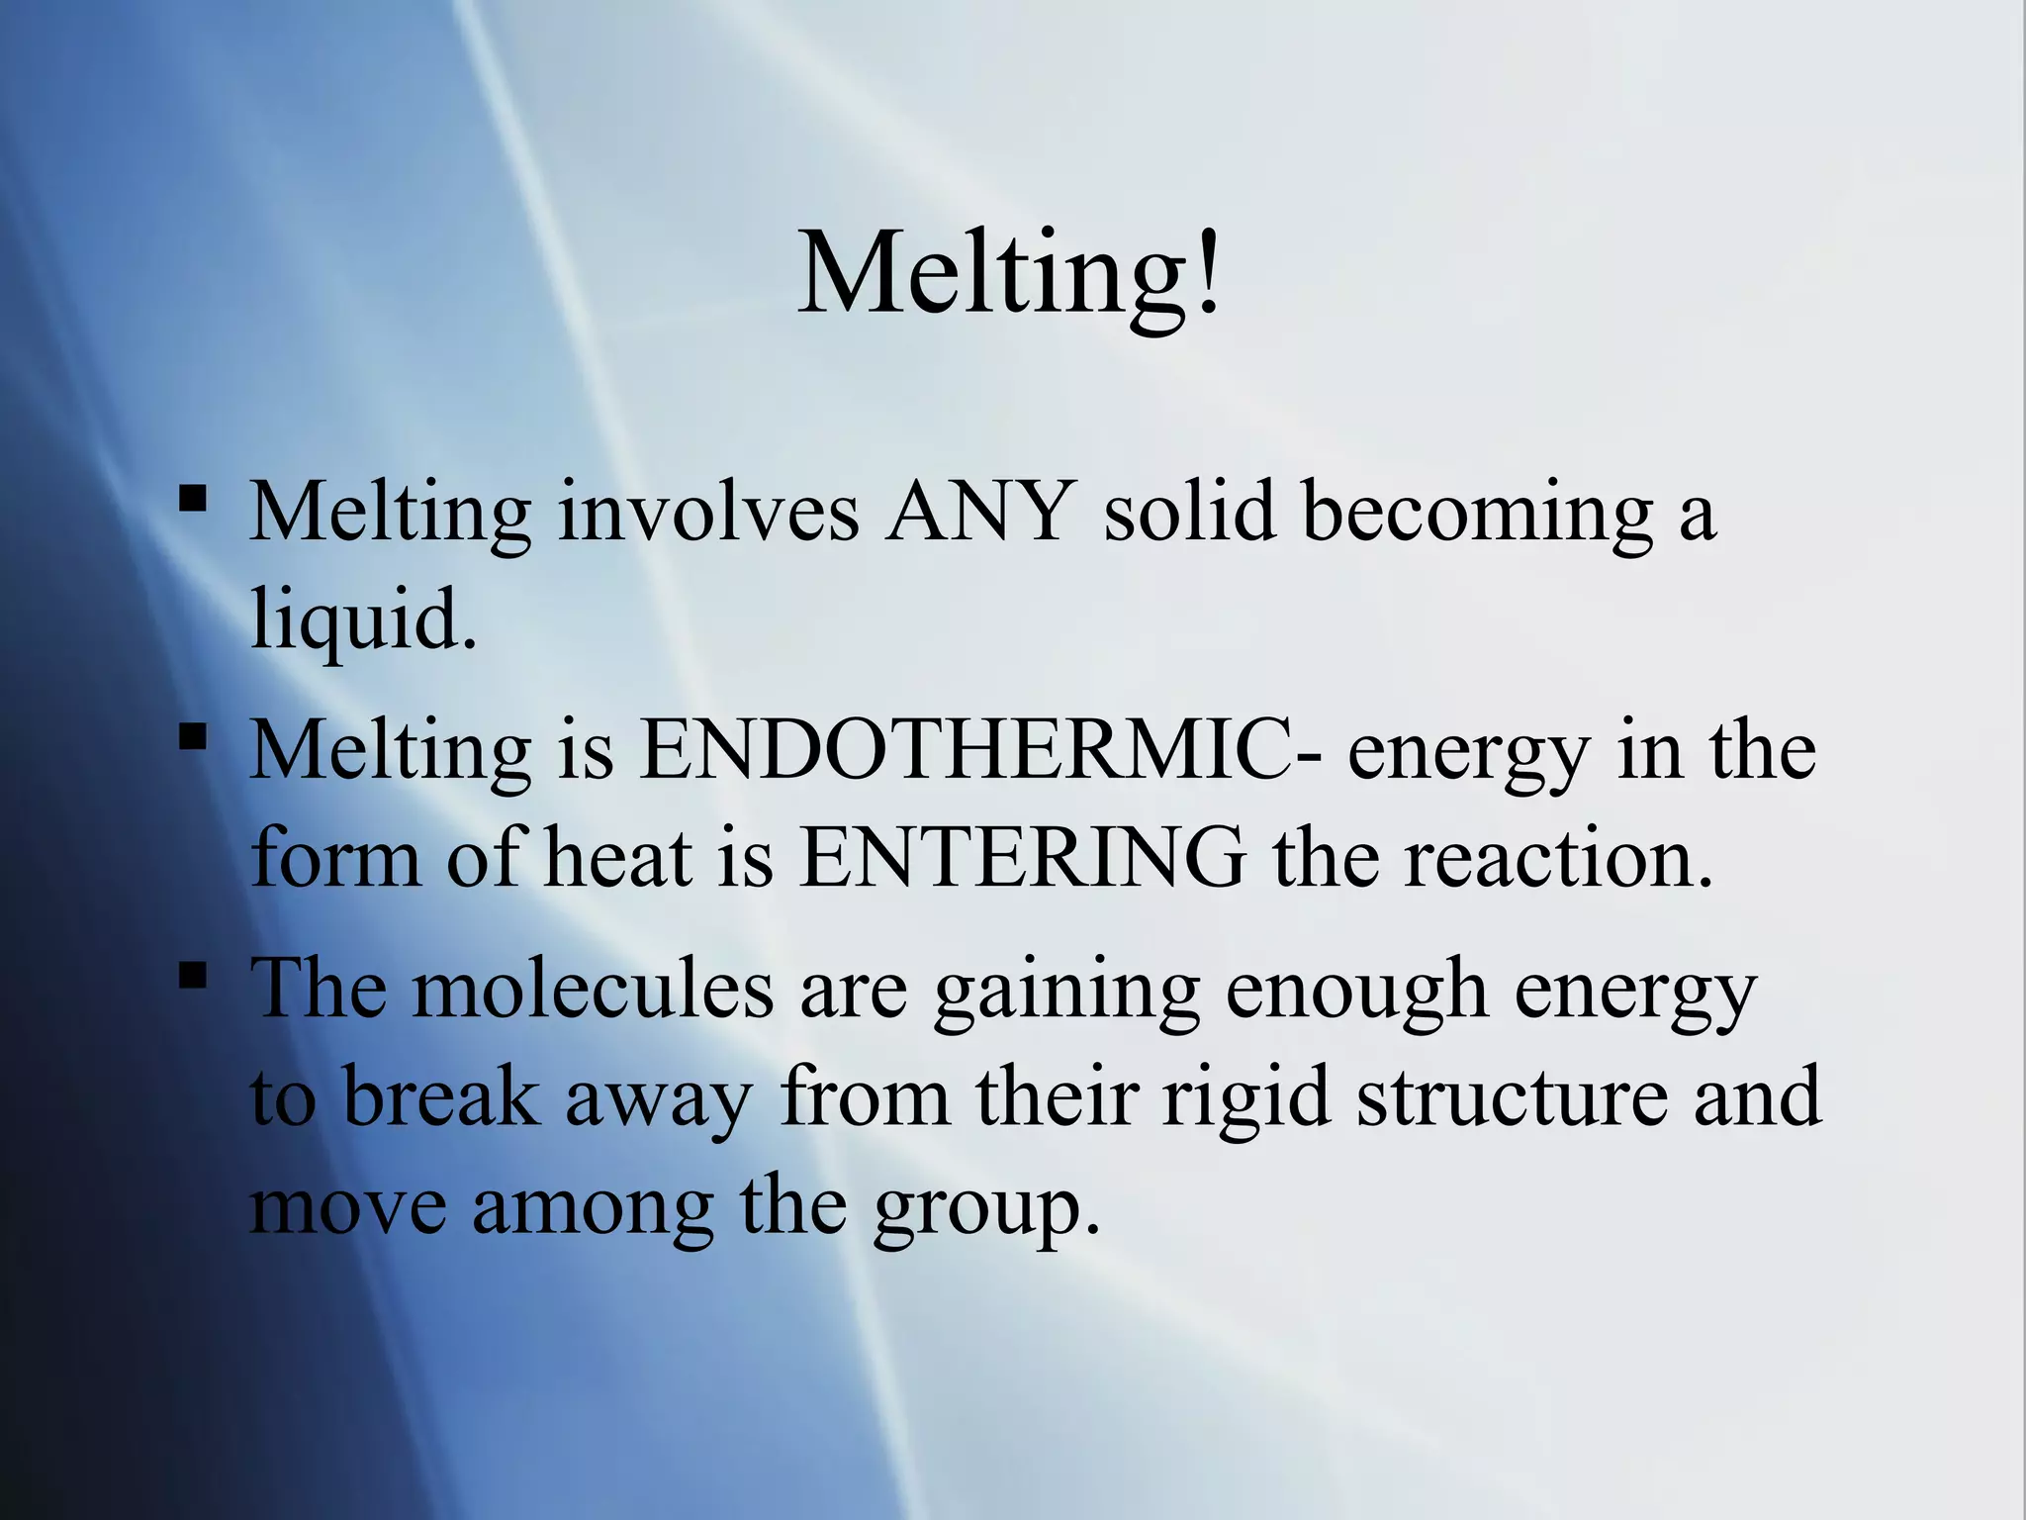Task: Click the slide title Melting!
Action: pyautogui.click(x=1009, y=272)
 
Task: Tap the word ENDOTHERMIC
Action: pyautogui.click(x=979, y=749)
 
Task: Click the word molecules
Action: pyautogui.click(x=593, y=989)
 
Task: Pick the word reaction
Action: pyautogui.click(x=1558, y=857)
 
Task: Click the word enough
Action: pyautogui.click(x=1356, y=991)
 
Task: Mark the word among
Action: pyautogui.click(x=593, y=1207)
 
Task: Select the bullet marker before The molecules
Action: pyautogui.click(x=193, y=975)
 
